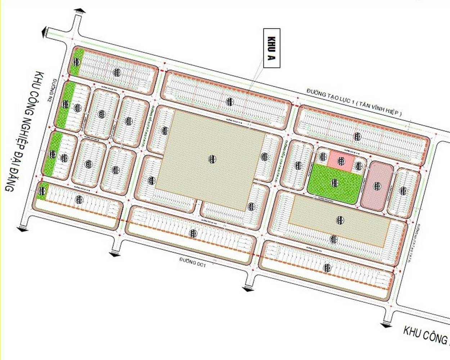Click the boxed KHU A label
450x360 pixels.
(272, 48)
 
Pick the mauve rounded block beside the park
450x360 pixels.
(377, 186)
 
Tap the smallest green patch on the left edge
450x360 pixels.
(42, 191)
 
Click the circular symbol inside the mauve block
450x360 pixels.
(377, 186)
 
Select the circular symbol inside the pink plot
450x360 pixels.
(341, 161)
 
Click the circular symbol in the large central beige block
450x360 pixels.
(212, 159)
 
